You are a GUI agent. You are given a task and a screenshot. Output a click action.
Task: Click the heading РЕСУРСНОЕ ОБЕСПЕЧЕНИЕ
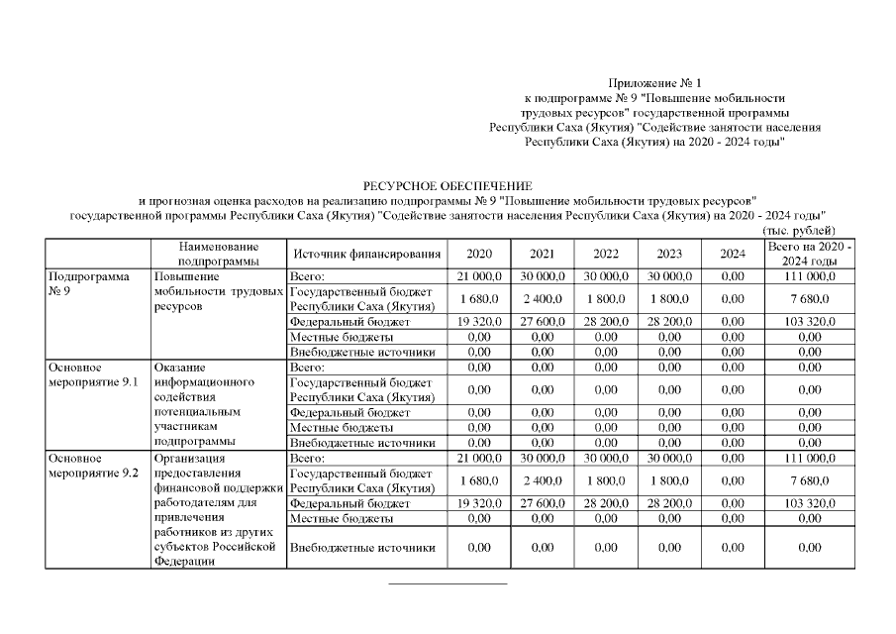pyautogui.click(x=448, y=185)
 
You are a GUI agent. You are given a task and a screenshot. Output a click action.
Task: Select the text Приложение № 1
pyautogui.click(x=654, y=83)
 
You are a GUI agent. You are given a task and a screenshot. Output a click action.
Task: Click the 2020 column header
pyautogui.click(x=478, y=254)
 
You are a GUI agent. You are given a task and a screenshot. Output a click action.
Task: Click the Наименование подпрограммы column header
pyautogui.click(x=218, y=254)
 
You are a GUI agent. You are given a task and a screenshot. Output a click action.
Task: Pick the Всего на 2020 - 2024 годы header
pyautogui.click(x=809, y=254)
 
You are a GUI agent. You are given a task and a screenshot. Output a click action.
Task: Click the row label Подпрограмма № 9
pyautogui.click(x=89, y=284)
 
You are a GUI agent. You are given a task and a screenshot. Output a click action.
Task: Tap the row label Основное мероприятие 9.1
pyautogui.click(x=91, y=374)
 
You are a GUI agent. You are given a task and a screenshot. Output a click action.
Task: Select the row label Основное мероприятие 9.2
pyautogui.click(x=91, y=466)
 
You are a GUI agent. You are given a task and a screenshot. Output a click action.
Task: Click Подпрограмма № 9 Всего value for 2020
pyautogui.click(x=478, y=275)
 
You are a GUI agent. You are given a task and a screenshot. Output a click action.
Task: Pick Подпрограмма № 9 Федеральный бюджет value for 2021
pyautogui.click(x=542, y=322)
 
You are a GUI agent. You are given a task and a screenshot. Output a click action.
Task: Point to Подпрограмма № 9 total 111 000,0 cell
pyautogui.click(x=809, y=275)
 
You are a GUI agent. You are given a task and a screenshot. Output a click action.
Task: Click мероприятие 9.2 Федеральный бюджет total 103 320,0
pyautogui.click(x=809, y=503)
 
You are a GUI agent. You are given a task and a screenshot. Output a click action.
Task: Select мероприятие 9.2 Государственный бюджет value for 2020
pyautogui.click(x=478, y=480)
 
